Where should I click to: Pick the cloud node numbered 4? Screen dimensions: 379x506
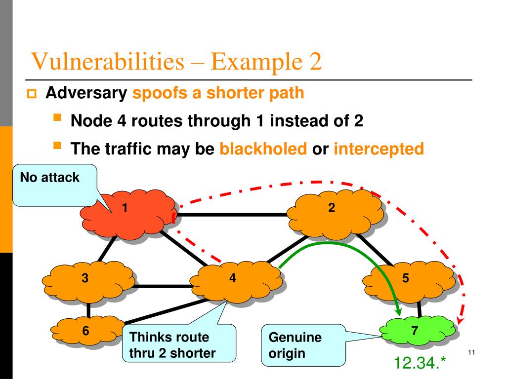pyautogui.click(x=235, y=283)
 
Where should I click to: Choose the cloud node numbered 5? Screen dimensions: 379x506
pyautogui.click(x=408, y=282)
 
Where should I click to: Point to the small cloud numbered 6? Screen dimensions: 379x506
pyautogui.click(x=87, y=330)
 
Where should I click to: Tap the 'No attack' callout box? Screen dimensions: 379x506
pyautogui.click(x=49, y=186)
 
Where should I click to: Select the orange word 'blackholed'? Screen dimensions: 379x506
pyautogui.click(x=263, y=149)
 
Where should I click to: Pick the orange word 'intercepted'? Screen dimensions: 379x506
pyautogui.click(x=379, y=149)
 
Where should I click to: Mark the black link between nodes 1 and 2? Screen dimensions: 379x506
pyautogui.click(x=232, y=215)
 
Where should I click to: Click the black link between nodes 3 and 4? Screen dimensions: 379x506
pyautogui.click(x=163, y=285)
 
